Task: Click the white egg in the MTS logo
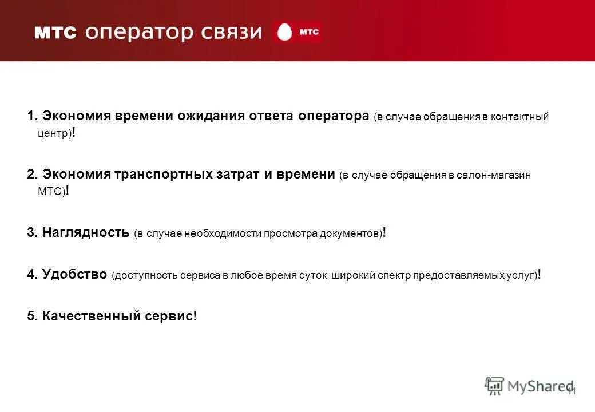coord(284,33)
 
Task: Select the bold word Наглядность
coord(86,232)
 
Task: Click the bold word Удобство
coord(74,274)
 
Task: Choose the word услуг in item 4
coord(520,275)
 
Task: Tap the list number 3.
coord(31,232)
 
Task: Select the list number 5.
coord(31,316)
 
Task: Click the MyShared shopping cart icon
coord(494,386)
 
